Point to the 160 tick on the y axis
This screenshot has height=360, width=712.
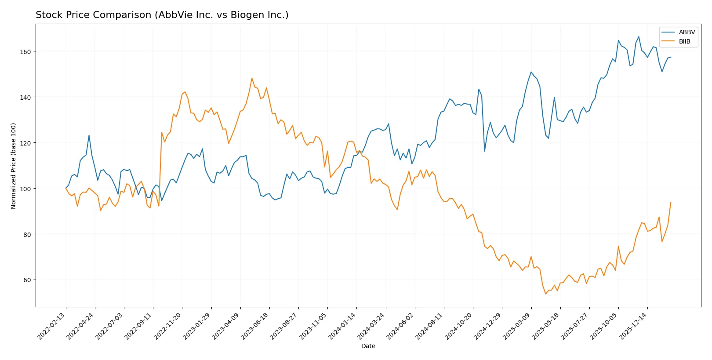[x=25, y=51]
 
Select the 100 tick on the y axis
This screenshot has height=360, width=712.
[x=25, y=189]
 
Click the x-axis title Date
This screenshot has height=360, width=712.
[x=368, y=346]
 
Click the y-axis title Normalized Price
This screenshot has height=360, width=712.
[x=14, y=166]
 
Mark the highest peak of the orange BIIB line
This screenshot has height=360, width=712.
[x=252, y=78]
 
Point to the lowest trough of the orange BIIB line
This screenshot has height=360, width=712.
[x=545, y=294]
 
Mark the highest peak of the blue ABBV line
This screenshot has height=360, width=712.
[x=639, y=37]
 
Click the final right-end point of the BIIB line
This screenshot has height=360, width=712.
[x=671, y=203]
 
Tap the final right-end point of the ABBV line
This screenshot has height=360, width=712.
[x=671, y=57]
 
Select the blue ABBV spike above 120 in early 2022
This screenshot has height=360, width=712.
[x=89, y=135]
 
